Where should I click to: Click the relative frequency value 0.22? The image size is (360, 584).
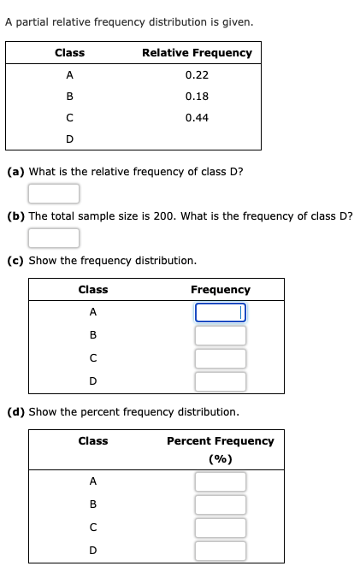coord(197,75)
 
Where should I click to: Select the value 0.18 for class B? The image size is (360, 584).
coord(197,97)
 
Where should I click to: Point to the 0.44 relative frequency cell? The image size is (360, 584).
coord(197,117)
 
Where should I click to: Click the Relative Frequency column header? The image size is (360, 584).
coord(197,53)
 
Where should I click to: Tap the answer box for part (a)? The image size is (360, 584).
coord(54,194)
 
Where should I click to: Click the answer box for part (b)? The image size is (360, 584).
coord(54,238)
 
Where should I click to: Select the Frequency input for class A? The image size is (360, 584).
coord(220,313)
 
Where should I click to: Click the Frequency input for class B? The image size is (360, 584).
coord(220,336)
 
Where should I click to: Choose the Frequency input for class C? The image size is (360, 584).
coord(220,358)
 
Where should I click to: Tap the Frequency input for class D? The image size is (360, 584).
coord(220,381)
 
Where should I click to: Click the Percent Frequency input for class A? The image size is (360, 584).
coord(220,481)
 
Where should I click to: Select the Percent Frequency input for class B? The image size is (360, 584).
coord(220,504)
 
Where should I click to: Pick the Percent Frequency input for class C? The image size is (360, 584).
coord(220,528)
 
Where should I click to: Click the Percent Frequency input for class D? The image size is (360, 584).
coord(220,551)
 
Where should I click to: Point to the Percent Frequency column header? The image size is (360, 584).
coord(220,441)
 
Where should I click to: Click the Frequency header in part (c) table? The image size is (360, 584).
coord(220,290)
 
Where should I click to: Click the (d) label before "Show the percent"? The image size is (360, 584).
coord(15,412)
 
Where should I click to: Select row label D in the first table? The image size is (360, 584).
coord(69,139)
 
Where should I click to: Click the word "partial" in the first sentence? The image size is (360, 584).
coord(32,22)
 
